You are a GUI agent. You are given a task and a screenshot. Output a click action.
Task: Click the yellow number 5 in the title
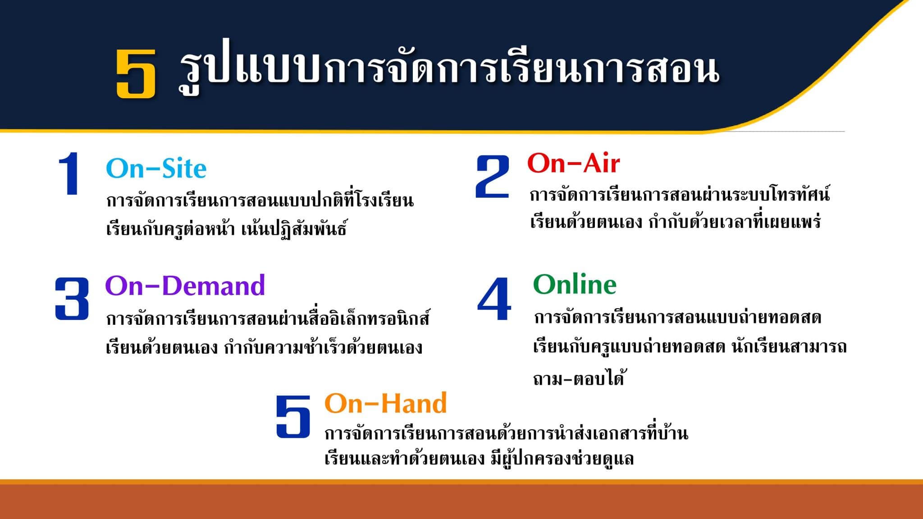pyautogui.click(x=136, y=73)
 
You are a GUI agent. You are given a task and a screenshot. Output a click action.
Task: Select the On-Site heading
pyautogui.click(x=156, y=168)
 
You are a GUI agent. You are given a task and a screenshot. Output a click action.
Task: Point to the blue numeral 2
pyautogui.click(x=493, y=177)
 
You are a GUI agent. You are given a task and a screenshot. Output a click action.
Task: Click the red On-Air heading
pyautogui.click(x=573, y=163)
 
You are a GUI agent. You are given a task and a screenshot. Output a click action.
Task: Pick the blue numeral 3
pyautogui.click(x=72, y=298)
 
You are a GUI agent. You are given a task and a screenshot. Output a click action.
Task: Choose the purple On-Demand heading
pyautogui.click(x=185, y=285)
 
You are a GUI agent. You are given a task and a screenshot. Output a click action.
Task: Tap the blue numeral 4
pyautogui.click(x=494, y=298)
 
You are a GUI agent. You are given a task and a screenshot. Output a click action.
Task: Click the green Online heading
pyautogui.click(x=575, y=284)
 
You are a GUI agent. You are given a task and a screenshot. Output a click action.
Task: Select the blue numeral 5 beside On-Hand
pyautogui.click(x=293, y=416)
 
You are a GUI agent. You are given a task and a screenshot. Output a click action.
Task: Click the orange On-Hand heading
pyautogui.click(x=386, y=403)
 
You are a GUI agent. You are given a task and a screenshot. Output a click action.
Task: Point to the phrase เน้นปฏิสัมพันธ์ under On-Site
pyautogui.click(x=294, y=229)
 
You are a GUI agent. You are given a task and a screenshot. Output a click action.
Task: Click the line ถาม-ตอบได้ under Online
pyautogui.click(x=578, y=378)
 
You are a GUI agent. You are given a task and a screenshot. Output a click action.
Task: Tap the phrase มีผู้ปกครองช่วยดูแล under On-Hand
pyautogui.click(x=562, y=458)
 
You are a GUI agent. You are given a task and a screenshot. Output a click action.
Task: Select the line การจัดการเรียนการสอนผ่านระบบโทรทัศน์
pyautogui.click(x=680, y=194)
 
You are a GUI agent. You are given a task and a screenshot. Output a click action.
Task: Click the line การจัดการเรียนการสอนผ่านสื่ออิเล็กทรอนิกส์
pyautogui.click(x=268, y=318)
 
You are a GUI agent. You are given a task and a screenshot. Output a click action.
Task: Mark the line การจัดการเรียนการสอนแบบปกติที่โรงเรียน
pyautogui.click(x=260, y=200)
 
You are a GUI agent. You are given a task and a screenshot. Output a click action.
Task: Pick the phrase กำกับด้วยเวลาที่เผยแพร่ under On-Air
pyautogui.click(x=735, y=222)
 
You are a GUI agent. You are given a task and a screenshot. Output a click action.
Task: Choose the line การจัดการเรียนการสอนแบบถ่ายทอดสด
pyautogui.click(x=678, y=317)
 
